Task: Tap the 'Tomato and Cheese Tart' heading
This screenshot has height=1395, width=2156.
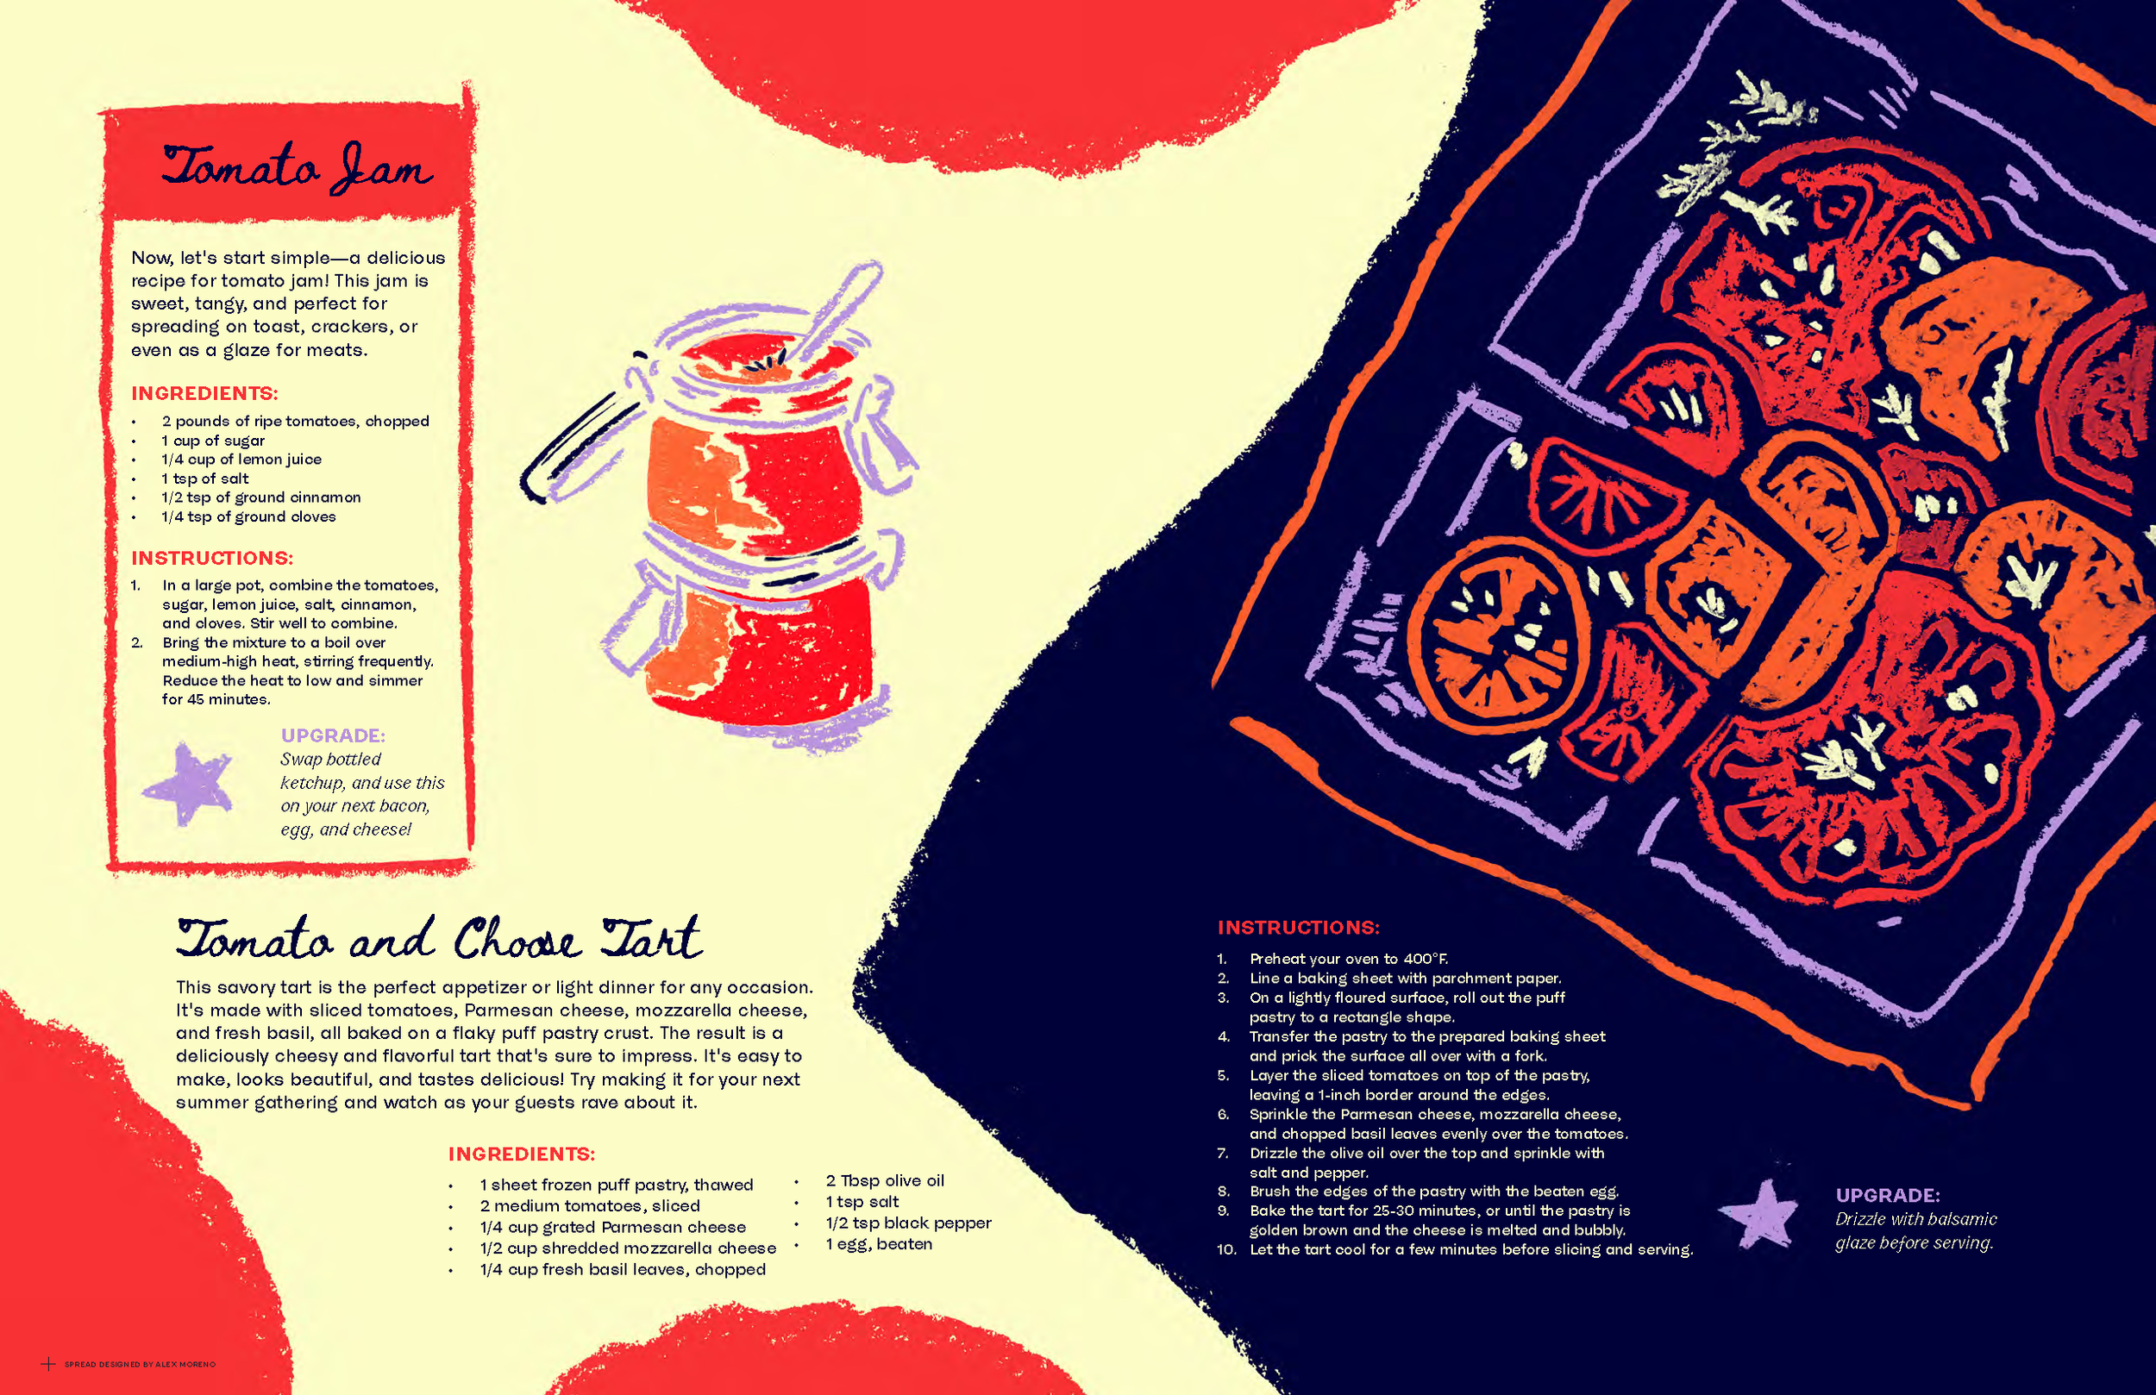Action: point(439,940)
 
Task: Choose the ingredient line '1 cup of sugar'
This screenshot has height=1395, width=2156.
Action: point(213,441)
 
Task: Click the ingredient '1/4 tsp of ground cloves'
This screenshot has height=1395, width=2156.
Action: point(248,516)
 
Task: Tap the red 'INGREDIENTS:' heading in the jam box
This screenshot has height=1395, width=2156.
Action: point(204,393)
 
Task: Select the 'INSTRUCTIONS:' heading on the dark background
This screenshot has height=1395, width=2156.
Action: point(1297,928)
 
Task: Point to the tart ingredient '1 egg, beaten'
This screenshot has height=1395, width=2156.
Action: point(878,1244)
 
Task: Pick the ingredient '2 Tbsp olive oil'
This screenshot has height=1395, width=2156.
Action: point(884,1180)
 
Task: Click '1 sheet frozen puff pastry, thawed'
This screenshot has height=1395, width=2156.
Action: point(616,1185)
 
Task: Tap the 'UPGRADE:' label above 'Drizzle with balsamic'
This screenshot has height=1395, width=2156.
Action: point(1887,1195)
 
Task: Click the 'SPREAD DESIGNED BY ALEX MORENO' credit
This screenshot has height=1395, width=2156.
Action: point(140,1364)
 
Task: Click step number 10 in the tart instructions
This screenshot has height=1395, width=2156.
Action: point(1225,1249)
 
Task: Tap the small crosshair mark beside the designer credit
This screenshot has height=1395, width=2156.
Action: point(48,1363)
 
